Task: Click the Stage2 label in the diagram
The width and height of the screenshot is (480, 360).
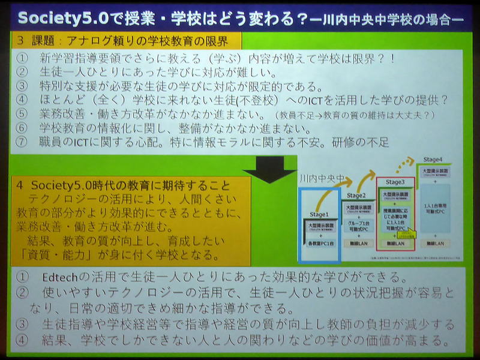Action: (x=356, y=195)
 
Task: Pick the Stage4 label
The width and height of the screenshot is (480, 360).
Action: (x=434, y=160)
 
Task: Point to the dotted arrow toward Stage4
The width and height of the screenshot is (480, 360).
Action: (x=401, y=166)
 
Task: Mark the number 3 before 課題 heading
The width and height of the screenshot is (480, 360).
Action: (x=20, y=42)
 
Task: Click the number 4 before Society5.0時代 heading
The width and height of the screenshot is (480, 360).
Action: (x=20, y=185)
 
